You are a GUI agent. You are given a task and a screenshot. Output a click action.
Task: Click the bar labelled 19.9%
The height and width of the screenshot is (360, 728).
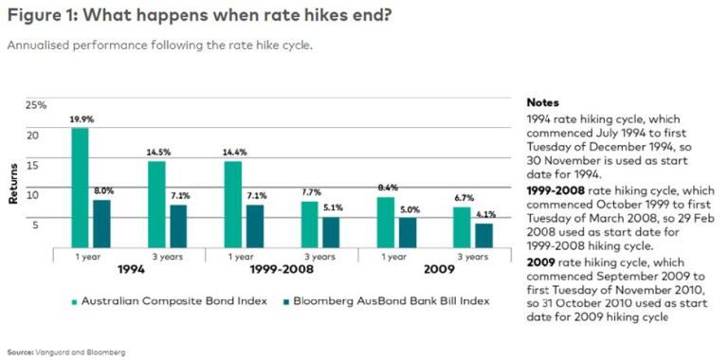coord(81,188)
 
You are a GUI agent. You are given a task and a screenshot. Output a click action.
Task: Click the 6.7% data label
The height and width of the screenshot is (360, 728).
coord(463,198)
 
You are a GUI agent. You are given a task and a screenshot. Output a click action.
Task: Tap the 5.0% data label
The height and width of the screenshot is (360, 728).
coord(407,209)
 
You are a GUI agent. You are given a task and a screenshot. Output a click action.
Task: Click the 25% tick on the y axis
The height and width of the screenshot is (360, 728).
coord(35,104)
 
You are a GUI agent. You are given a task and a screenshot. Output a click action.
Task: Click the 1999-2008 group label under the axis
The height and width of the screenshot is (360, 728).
coord(281,270)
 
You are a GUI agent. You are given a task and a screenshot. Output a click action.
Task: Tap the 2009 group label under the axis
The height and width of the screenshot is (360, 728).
coord(434,270)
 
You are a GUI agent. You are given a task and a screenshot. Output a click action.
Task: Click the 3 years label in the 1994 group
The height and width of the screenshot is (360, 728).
coord(167,257)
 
